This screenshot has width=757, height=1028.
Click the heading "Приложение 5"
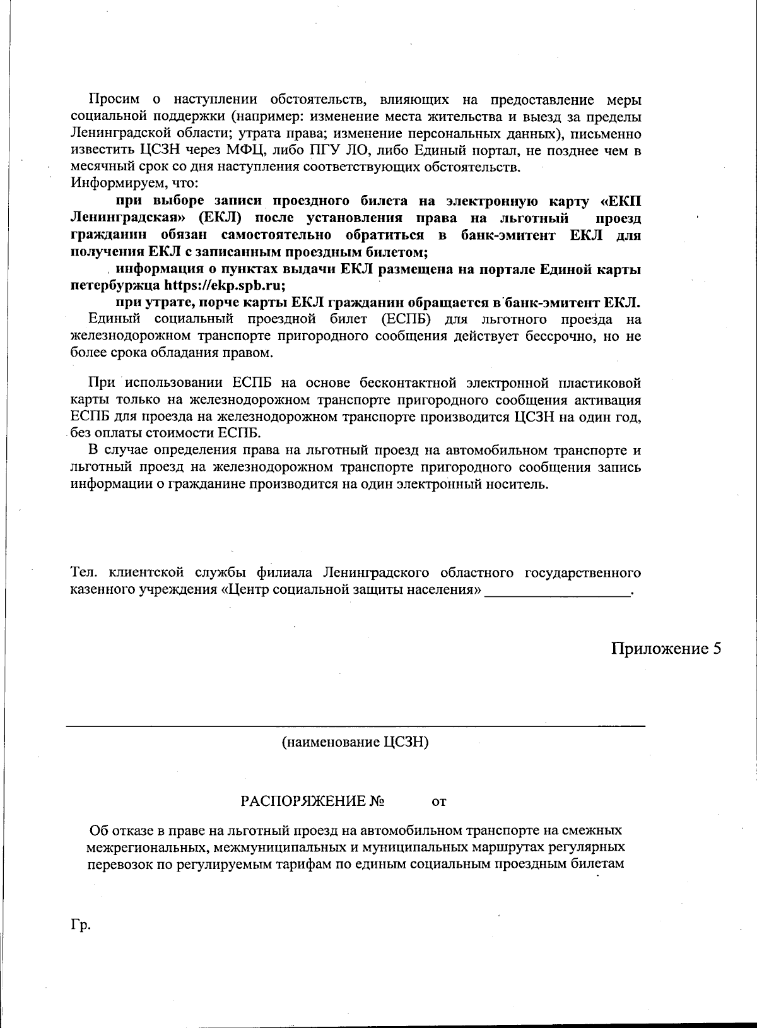(x=666, y=649)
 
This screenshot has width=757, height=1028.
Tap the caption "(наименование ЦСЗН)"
(x=355, y=742)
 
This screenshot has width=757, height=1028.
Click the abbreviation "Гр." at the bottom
(x=81, y=925)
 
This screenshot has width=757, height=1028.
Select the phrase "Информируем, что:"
(x=135, y=184)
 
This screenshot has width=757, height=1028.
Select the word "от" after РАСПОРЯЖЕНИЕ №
(x=438, y=803)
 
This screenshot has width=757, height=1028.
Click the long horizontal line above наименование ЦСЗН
(x=355, y=726)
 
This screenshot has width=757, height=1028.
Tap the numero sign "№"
(x=377, y=802)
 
